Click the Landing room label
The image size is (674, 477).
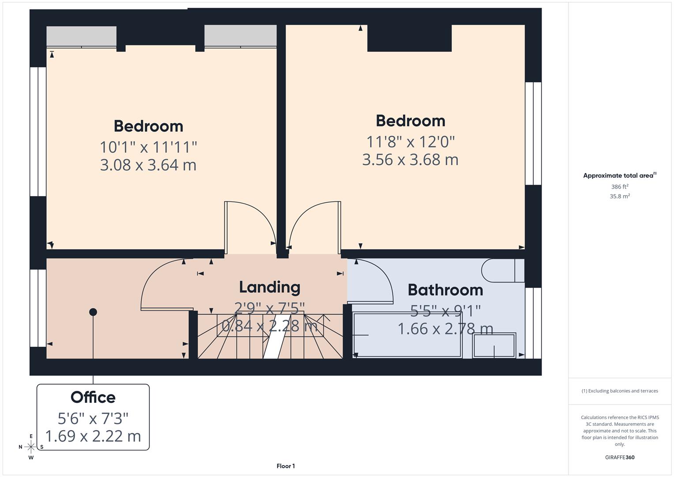coord(269,287)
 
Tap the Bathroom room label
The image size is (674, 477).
coord(445,290)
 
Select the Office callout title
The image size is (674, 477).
coord(93,397)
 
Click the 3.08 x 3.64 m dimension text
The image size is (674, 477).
coord(148,165)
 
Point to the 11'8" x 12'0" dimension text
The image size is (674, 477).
coord(410,142)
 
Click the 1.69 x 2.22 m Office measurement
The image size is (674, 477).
coord(93,436)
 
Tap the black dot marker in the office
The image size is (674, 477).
coord(93,312)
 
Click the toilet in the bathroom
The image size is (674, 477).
coord(502,270)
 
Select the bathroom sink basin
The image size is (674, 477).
coord(494,345)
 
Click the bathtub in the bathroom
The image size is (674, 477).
coord(407,335)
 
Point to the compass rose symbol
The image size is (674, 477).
coord(31,447)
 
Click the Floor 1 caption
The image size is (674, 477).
coord(286,466)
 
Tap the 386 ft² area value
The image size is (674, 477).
coord(620,187)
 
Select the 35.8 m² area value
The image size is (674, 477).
coord(620,197)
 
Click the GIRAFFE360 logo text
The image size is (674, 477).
coord(620,457)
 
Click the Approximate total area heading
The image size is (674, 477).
coord(618,176)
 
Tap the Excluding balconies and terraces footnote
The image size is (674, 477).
coord(620,391)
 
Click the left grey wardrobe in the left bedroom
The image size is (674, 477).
coord(82,36)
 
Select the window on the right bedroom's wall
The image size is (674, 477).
coord(533,133)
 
